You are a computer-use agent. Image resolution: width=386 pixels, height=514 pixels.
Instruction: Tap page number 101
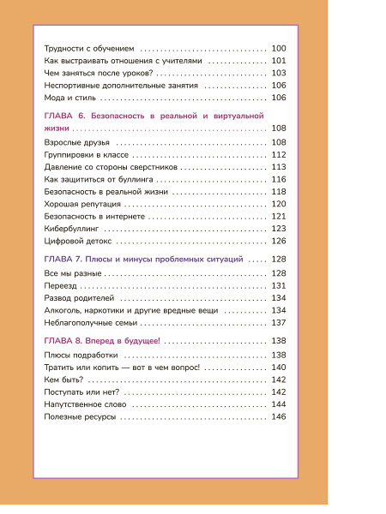click(x=278, y=61)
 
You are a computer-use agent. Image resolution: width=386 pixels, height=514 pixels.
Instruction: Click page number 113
click(x=278, y=166)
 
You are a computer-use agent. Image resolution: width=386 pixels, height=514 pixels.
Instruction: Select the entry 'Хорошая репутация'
click(x=81, y=205)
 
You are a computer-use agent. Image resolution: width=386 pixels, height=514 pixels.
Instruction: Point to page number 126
click(x=278, y=242)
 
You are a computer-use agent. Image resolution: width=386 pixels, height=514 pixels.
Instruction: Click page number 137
click(x=278, y=323)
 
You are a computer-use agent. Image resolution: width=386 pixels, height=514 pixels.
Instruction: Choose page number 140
click(x=278, y=367)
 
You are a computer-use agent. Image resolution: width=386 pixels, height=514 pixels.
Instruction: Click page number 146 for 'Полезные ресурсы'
click(x=278, y=416)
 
